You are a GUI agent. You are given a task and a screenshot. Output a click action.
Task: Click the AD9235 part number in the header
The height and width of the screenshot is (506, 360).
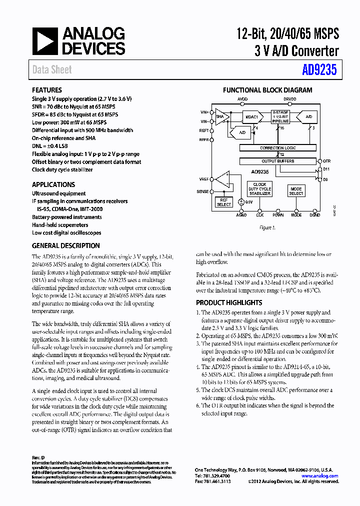319,70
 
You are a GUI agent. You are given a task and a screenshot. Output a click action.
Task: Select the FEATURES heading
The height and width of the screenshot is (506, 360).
47,90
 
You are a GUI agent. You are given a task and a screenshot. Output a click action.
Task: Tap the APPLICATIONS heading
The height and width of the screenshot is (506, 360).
53,184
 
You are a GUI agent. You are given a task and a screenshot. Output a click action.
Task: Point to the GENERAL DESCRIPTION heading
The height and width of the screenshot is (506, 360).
66,246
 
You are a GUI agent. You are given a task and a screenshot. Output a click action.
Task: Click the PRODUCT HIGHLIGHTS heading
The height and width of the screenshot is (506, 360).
229,302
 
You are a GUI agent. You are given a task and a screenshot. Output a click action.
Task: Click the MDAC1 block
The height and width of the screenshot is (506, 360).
251,117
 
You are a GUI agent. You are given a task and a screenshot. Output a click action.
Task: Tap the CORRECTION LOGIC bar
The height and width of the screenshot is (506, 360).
278,148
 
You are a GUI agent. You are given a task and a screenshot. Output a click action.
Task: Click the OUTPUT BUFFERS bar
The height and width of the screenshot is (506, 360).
278,161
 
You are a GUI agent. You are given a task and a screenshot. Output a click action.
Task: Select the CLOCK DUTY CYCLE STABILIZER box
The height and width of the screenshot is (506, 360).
259,189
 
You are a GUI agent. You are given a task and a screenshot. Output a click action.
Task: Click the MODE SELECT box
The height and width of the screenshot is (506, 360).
296,191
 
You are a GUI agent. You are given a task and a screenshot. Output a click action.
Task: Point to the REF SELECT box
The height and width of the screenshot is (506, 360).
223,202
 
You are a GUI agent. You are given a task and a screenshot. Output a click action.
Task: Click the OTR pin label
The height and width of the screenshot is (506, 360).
326,161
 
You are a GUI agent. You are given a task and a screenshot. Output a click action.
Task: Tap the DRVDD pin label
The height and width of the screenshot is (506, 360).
289,99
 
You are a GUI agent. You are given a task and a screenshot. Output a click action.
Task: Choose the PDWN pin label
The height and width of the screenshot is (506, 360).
278,215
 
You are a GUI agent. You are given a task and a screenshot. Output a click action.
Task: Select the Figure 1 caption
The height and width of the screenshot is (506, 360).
267,227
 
